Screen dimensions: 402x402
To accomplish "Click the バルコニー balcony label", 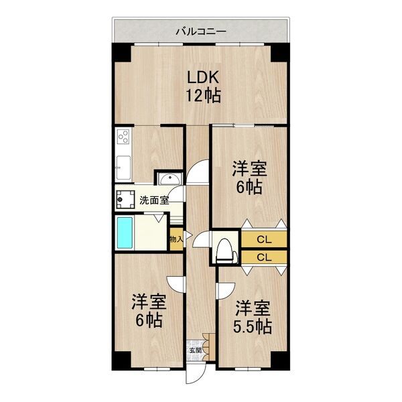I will [201, 31].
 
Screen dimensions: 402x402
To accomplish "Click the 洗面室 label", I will [153, 199].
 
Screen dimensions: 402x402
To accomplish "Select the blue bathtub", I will [126, 232].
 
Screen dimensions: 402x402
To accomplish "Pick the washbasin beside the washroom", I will [168, 179].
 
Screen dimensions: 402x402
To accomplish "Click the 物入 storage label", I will [175, 239].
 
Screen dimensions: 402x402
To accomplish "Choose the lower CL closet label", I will [264, 257].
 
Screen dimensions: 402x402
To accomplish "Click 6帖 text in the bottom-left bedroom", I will [148, 320].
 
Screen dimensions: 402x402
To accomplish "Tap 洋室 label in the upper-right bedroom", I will [247, 166].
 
